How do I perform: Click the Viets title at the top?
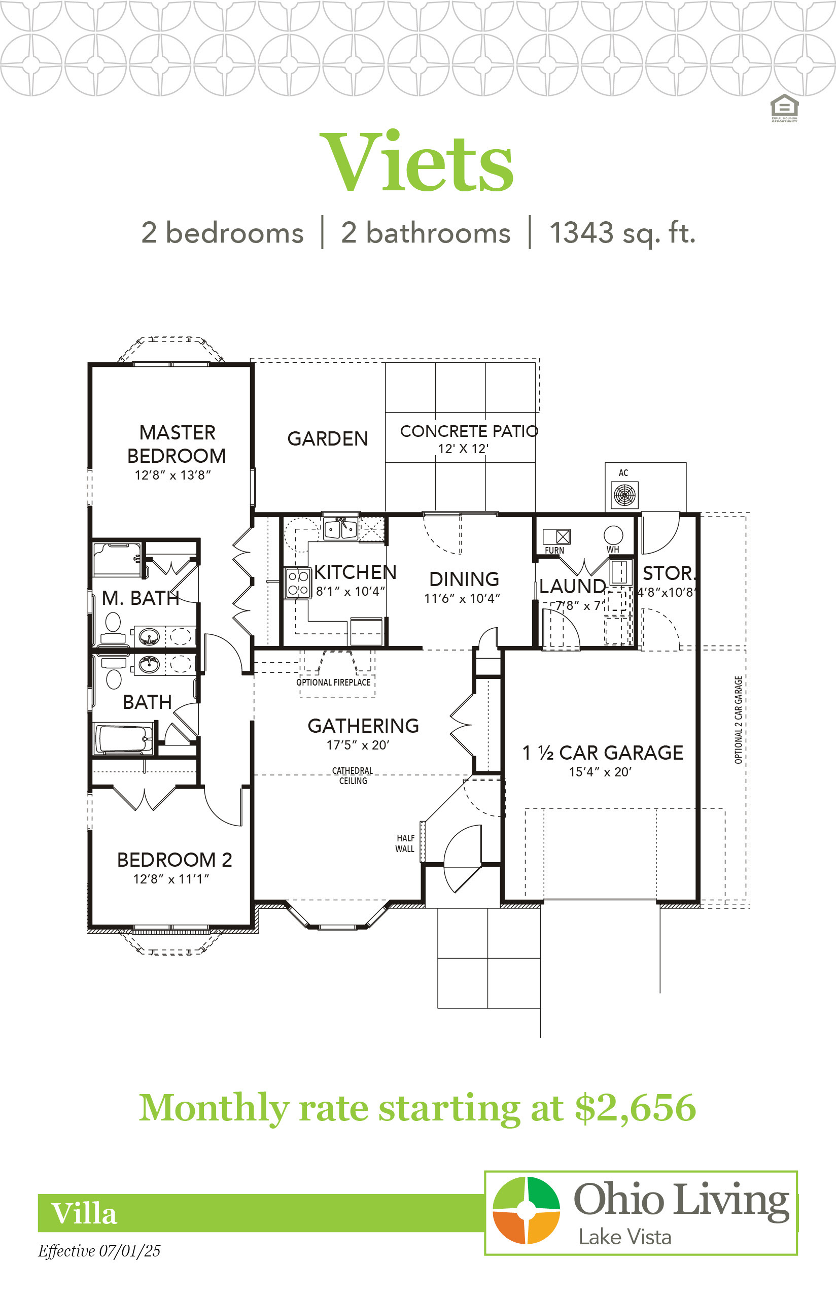coord(416,161)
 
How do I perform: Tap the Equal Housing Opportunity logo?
coord(784,108)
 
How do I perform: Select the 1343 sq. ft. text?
coord(622,233)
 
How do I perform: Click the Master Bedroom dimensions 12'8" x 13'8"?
coord(173,475)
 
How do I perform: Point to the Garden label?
coord(328,439)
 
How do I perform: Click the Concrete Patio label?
coord(469,431)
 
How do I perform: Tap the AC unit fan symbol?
coord(624,495)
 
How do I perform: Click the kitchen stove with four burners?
coord(298,583)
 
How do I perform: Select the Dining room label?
coord(464,579)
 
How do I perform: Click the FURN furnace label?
coord(554,550)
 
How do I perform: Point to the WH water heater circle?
coord(613,535)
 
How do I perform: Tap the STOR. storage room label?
coord(669,573)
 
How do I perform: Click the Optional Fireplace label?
coord(334,683)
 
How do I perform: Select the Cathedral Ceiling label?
coord(353,776)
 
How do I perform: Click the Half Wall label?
coord(405,843)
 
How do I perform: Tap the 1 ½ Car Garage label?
coord(603,753)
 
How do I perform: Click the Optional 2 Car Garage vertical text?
coord(738,720)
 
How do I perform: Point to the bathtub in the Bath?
coord(124,739)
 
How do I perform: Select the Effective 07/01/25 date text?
coord(99,1250)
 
